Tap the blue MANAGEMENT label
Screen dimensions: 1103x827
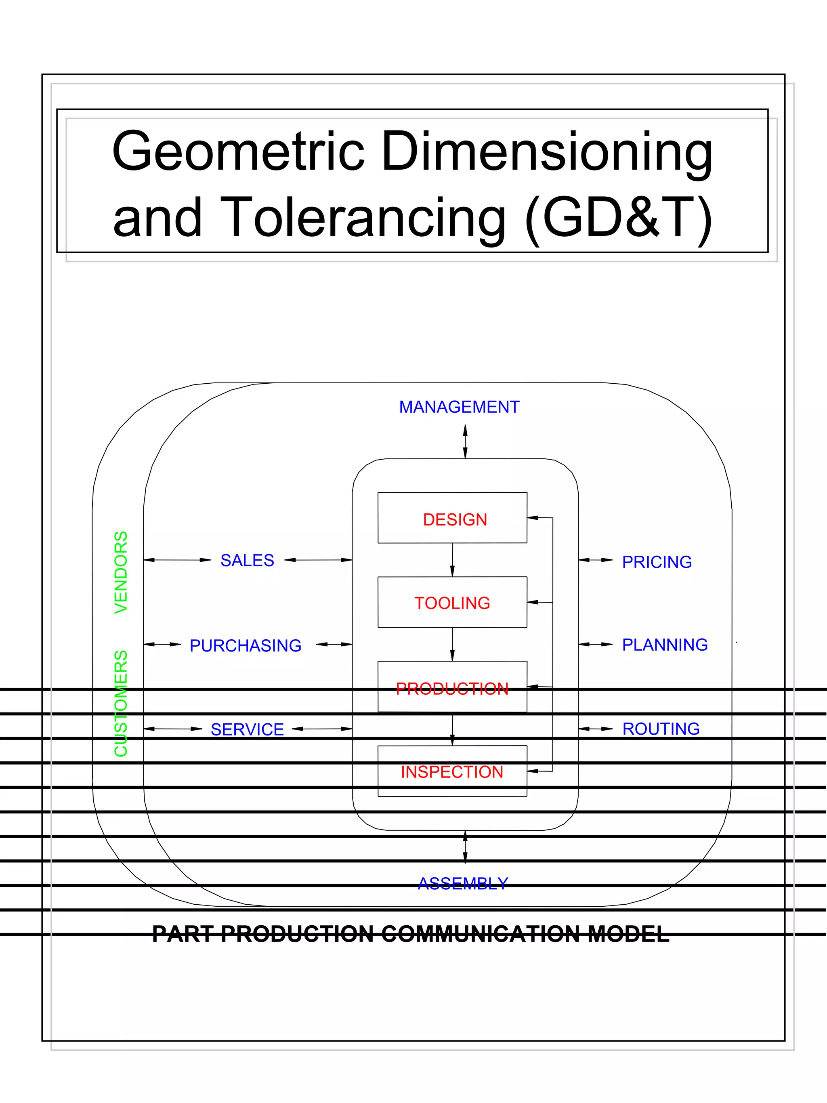(459, 407)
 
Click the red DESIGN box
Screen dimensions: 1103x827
(452, 518)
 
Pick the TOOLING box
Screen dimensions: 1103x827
(452, 602)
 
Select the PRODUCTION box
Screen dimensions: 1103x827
(452, 687)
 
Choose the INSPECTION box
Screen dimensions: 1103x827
(452, 771)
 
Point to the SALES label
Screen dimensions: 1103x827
(247, 561)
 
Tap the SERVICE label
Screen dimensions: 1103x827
(247, 729)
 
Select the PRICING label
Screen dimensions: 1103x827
(657, 562)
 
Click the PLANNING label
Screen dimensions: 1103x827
(665, 645)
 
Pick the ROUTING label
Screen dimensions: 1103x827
(661, 729)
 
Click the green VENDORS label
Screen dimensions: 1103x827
(121, 572)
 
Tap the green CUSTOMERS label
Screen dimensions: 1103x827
(121, 703)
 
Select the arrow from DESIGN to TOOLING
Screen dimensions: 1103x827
(452, 560)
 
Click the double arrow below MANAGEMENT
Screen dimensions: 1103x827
(465, 441)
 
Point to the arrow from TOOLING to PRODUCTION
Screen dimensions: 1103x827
(452, 644)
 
